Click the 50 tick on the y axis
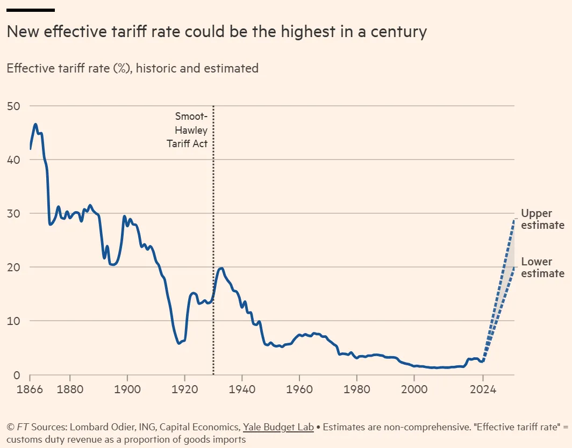click(13, 106)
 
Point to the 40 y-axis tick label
click(13, 160)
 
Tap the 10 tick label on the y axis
click(13, 321)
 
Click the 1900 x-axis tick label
click(127, 388)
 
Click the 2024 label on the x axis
click(483, 388)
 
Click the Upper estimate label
click(542, 219)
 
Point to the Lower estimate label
click(542, 268)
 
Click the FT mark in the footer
click(22, 427)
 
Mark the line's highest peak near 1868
click(35, 125)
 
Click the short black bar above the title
click(31, 10)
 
